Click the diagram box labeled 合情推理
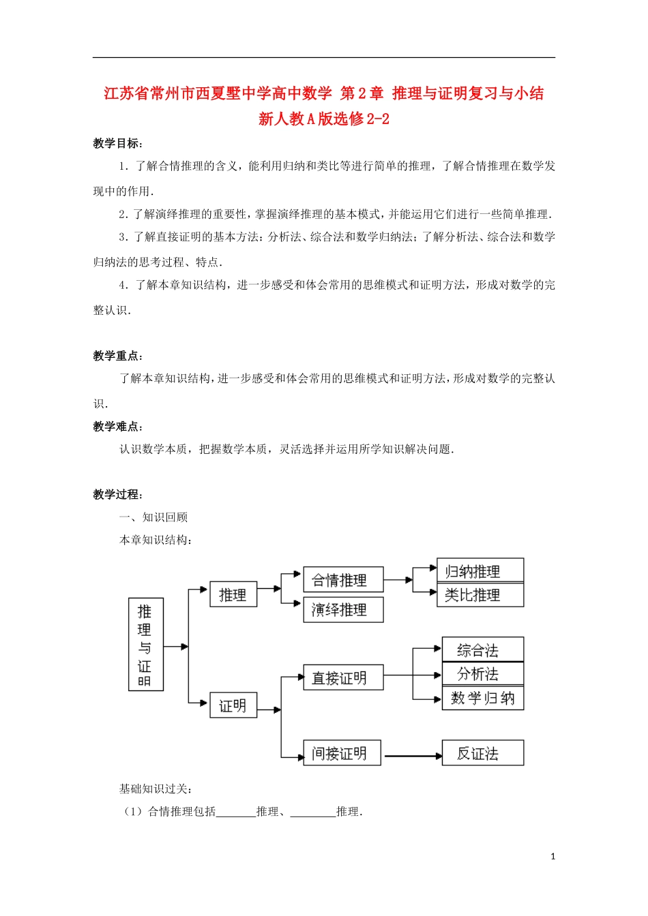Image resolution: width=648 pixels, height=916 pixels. [343, 580]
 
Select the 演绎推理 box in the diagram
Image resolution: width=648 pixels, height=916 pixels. [343, 609]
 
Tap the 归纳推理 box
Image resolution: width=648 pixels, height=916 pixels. [480, 571]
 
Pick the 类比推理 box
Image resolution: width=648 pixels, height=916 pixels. [480, 595]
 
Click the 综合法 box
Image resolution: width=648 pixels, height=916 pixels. [482, 650]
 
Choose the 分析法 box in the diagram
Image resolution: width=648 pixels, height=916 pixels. [482, 674]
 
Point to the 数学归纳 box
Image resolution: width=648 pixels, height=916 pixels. [482, 698]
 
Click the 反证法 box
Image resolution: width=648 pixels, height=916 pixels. [482, 753]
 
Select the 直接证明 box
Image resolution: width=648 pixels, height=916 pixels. [343, 677]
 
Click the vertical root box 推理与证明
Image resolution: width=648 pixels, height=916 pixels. [145, 644]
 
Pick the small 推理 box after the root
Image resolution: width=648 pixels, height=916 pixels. [233, 594]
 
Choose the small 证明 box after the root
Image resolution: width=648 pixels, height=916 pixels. [233, 705]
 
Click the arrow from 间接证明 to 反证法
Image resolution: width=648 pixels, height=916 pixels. [412, 755]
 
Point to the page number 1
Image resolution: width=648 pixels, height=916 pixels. [553, 856]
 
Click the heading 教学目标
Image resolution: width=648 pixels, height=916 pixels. [117, 143]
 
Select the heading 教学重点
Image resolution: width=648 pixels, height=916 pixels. [117, 356]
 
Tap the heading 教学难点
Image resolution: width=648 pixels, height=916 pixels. [117, 427]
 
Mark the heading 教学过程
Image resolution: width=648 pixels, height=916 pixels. [117, 495]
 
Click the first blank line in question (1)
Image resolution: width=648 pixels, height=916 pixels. [235, 812]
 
